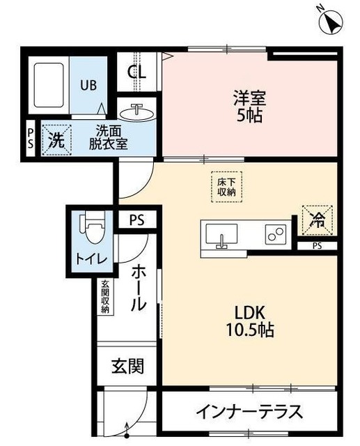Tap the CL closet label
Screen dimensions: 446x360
(x=137, y=71)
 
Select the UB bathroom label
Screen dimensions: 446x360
(x=88, y=86)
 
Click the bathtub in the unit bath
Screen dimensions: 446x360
(x=48, y=86)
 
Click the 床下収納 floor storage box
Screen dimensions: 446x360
(x=224, y=186)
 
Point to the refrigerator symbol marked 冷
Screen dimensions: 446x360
(x=318, y=221)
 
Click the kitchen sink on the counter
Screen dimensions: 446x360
(x=221, y=235)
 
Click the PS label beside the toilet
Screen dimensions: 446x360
(x=136, y=220)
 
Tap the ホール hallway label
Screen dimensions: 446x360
(x=138, y=286)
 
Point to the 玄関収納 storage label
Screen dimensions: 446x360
(x=105, y=297)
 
